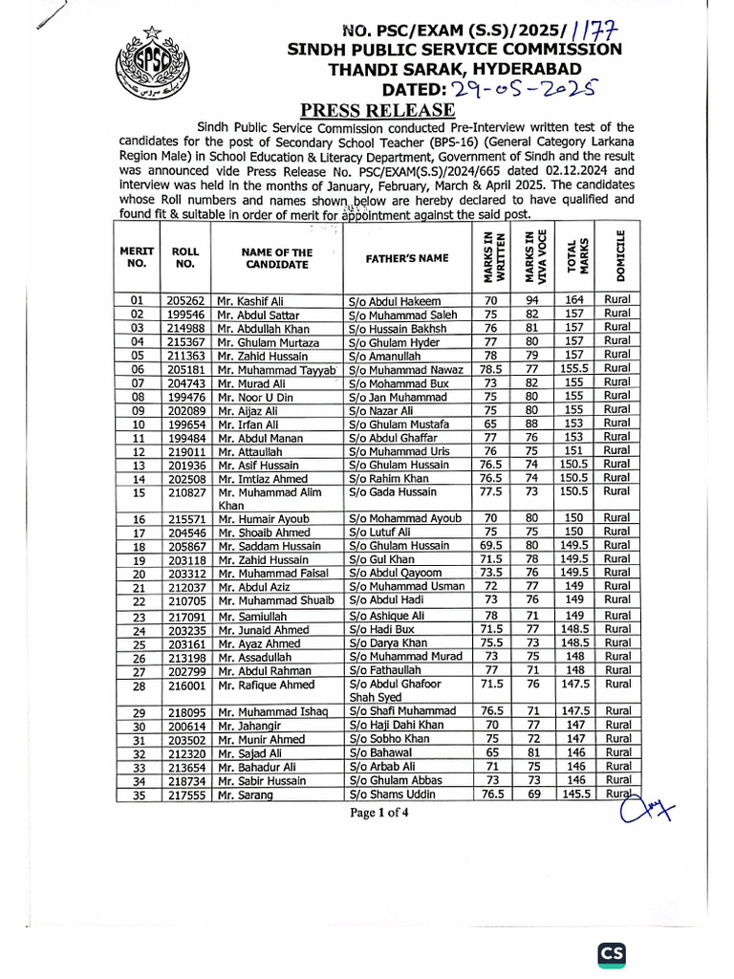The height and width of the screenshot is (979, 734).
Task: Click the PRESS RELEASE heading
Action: point(366,109)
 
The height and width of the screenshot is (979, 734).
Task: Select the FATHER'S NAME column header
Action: point(406,258)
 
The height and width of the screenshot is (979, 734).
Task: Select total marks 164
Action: point(573,300)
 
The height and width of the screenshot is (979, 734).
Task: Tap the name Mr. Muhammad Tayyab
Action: point(276,369)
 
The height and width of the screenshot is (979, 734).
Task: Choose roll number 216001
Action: point(185,685)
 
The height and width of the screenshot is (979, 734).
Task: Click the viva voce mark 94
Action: point(533,300)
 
